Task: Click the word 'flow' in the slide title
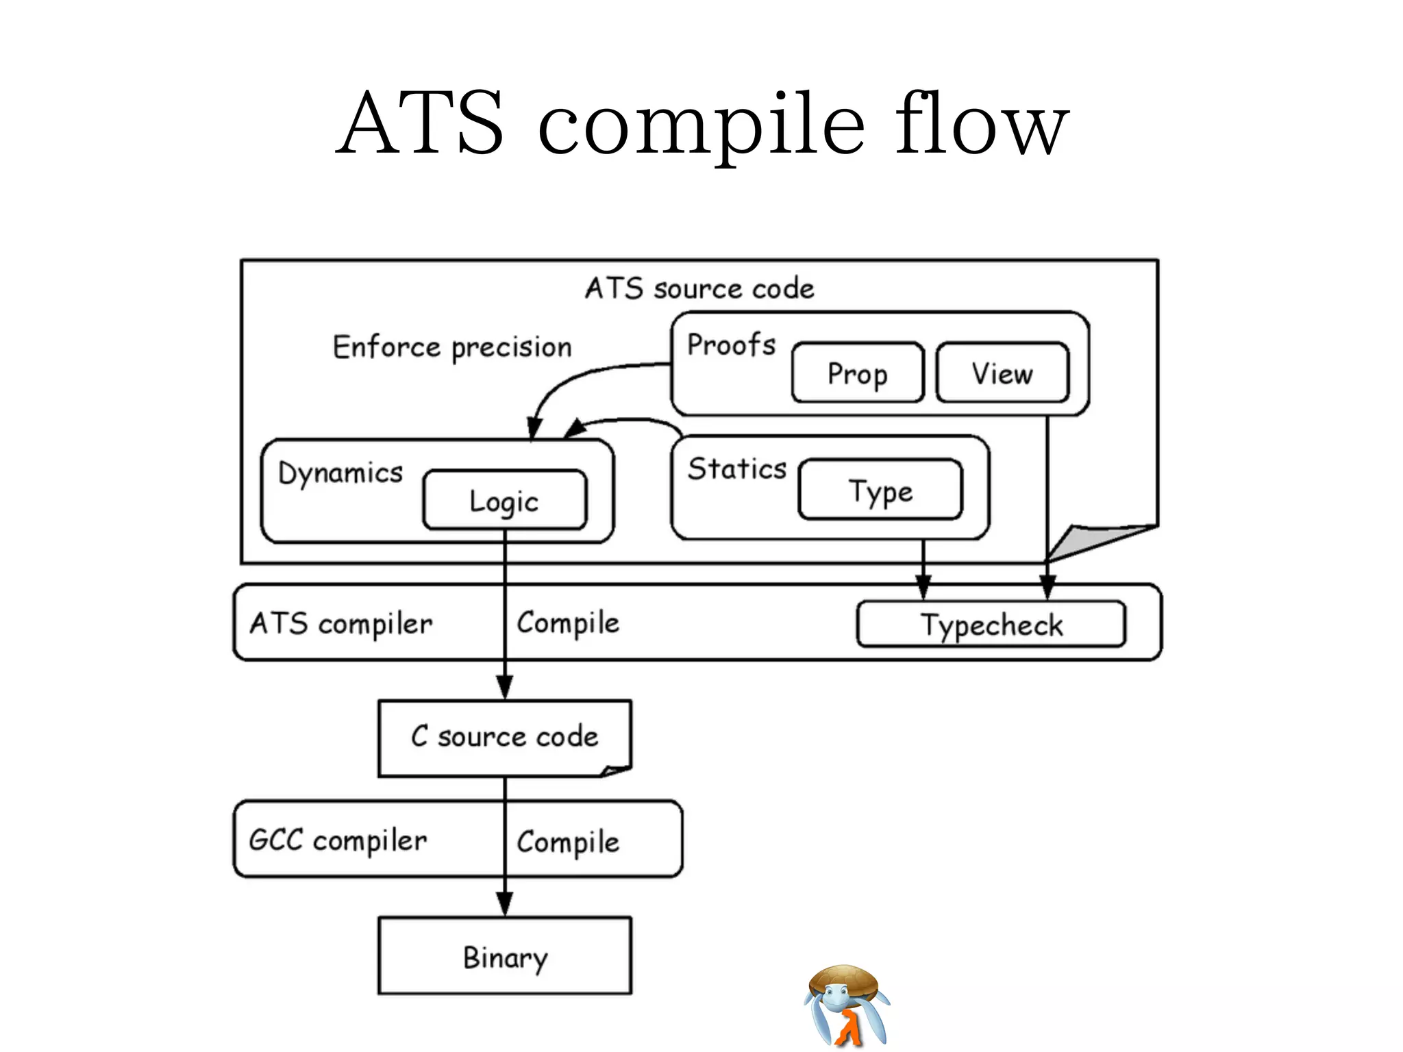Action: pos(981,123)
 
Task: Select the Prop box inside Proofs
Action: pos(858,373)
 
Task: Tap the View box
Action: pos(1002,373)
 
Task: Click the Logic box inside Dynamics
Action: pos(505,501)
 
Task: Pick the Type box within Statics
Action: pos(881,490)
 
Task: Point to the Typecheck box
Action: pos(991,625)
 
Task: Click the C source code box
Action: pos(505,737)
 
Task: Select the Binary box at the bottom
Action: pos(505,957)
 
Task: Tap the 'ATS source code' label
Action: pos(699,288)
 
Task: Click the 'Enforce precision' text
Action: pos(452,347)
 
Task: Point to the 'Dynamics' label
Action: pos(340,473)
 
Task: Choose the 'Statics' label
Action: pos(737,469)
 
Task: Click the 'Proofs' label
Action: pos(731,345)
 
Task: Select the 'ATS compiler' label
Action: pos(341,624)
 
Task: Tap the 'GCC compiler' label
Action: pos(338,840)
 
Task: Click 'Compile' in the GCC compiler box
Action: pos(568,842)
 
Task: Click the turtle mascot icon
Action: pos(847,1005)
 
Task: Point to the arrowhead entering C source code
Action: pos(505,687)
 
